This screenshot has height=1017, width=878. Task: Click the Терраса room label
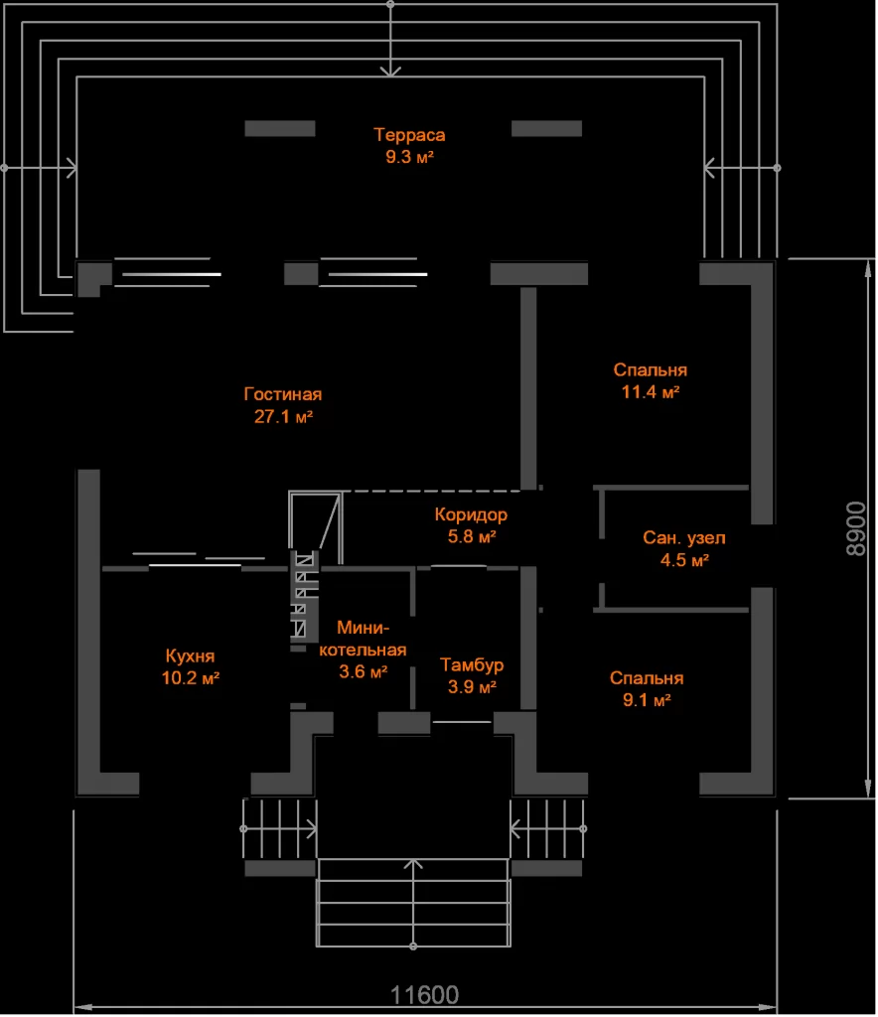coord(409,135)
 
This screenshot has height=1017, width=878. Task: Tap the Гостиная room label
coord(283,394)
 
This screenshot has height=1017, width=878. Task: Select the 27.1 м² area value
coord(283,416)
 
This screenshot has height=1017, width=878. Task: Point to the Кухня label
coord(190,656)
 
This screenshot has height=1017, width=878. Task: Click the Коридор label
coord(471,515)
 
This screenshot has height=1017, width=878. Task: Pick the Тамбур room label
coord(472,665)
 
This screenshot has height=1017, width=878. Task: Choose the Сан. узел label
coord(684,537)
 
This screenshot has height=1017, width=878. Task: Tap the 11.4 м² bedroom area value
coord(651,392)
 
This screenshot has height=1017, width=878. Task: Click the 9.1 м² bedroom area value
coord(647,700)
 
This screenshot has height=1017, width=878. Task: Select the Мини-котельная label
coord(363,639)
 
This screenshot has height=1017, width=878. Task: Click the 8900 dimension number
coord(856,528)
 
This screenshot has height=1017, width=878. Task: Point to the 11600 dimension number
coord(424,995)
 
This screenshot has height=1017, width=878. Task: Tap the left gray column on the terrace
coord(280,128)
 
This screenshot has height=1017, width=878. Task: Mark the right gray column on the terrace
coord(546,128)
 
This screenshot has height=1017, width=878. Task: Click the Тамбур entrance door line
coord(462,722)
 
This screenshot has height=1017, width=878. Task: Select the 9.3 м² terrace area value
coord(409,157)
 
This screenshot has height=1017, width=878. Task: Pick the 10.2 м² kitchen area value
coord(190,678)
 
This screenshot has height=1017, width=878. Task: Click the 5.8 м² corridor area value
coord(472,537)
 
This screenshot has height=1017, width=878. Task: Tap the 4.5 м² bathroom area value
coord(684,560)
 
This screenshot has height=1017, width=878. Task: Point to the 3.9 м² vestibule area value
coord(472,687)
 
